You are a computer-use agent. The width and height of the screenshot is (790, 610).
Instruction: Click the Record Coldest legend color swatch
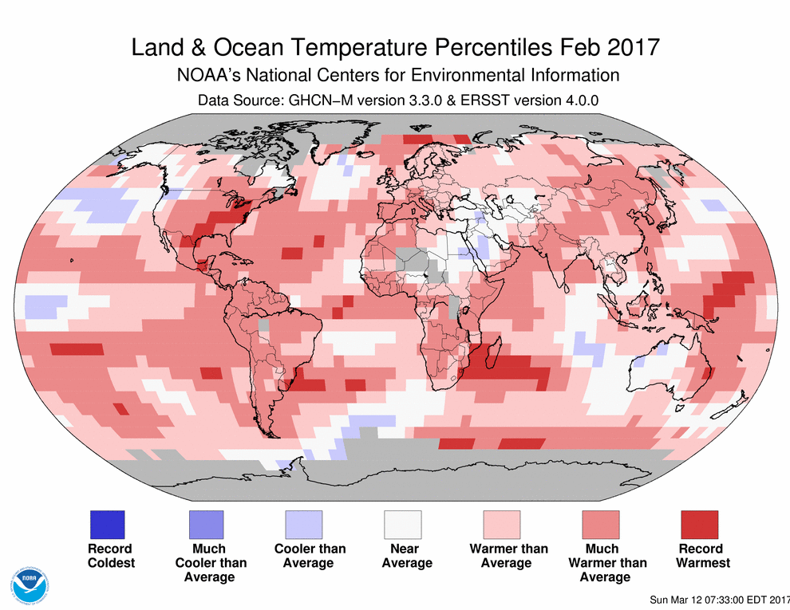click(108, 525)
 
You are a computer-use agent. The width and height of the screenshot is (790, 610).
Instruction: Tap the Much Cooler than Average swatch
click(206, 525)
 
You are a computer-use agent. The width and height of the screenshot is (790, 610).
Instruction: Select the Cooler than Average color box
click(304, 525)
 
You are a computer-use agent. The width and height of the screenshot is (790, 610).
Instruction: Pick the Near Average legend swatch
click(403, 525)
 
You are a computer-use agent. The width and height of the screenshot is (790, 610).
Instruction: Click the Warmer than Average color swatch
click(502, 525)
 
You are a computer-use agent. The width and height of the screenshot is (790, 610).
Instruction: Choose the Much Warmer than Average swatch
click(601, 525)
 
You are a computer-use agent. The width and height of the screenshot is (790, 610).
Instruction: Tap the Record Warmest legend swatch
click(699, 525)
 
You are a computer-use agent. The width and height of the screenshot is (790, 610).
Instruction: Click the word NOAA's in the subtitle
click(206, 76)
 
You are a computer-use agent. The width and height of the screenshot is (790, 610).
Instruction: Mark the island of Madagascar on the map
click(493, 356)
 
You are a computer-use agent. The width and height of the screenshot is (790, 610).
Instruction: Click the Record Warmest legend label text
click(702, 556)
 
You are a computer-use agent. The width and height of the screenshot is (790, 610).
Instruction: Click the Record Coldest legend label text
click(110, 556)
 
